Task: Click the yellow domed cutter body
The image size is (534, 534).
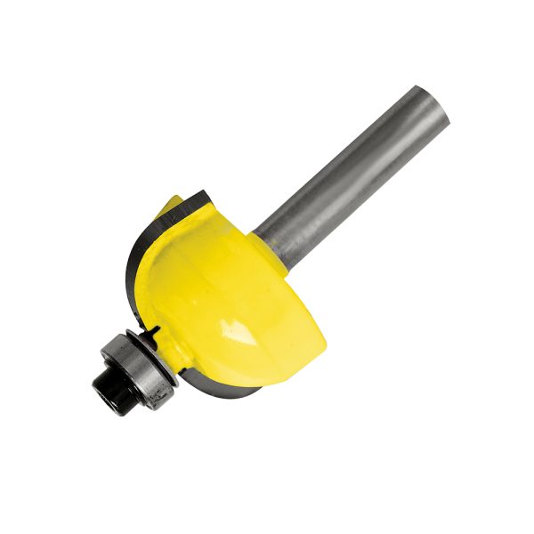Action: click(x=231, y=285)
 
